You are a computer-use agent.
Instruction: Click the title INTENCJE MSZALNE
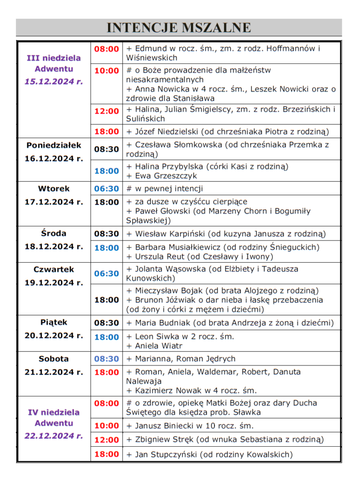click(179, 28)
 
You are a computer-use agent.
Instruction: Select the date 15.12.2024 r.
click(54, 81)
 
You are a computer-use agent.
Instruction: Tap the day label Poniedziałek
click(54, 145)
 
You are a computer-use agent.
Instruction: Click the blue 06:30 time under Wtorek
click(107, 189)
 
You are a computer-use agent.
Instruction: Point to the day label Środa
click(54, 233)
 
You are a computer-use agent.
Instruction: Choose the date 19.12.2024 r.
click(54, 282)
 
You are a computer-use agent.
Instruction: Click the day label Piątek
click(54, 322)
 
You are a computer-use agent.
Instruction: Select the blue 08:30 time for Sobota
click(107, 359)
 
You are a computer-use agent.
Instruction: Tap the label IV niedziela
click(54, 412)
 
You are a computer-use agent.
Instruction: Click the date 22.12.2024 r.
click(54, 435)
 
